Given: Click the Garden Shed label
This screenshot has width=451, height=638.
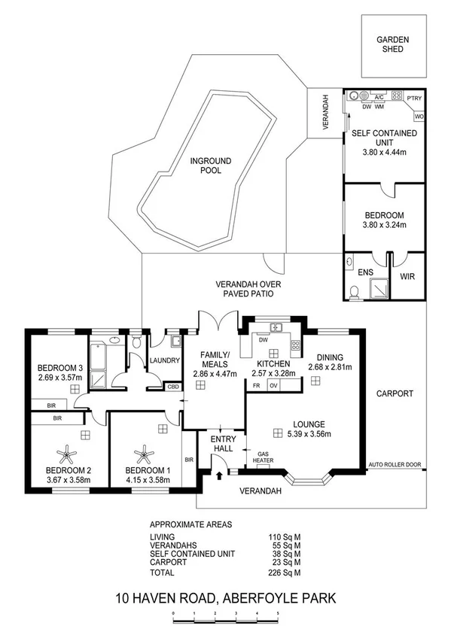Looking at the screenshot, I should [x=392, y=44].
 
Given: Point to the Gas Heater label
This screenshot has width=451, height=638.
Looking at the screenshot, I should [x=264, y=459].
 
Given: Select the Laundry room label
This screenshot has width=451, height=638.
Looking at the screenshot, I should [x=165, y=360].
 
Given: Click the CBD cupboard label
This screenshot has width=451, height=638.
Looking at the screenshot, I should [x=173, y=387].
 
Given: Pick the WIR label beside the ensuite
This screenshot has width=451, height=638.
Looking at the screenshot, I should [x=407, y=277].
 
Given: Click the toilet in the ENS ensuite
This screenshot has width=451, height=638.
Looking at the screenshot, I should [x=355, y=292].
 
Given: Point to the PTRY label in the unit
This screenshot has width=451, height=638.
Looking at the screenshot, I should [x=414, y=97].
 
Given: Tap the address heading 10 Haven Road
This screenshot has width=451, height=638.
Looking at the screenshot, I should [x=225, y=600].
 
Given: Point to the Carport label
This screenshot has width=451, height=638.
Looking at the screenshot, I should [x=395, y=393].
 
